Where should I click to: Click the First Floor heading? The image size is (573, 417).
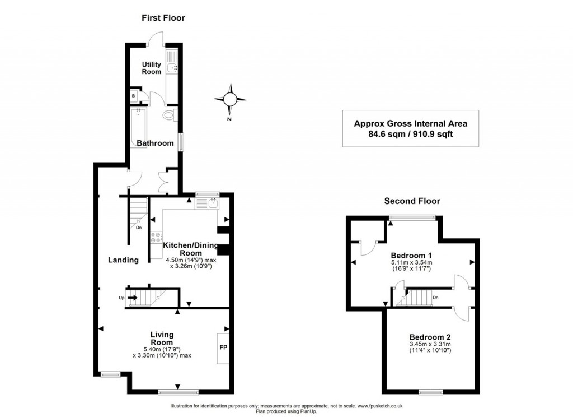(162, 18)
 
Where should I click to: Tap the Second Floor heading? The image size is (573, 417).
(411, 201)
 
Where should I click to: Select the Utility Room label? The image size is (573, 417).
(151, 68)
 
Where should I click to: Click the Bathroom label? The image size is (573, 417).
(155, 143)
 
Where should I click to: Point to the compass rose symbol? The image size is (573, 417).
(229, 99)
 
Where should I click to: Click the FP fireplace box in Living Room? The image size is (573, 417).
(223, 347)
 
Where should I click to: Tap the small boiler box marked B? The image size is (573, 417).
(134, 96)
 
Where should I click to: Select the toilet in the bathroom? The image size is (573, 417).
(169, 115)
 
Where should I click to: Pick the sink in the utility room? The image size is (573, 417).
(173, 68)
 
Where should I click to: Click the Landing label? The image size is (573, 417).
(123, 260)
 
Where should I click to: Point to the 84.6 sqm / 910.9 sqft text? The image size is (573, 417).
(410, 134)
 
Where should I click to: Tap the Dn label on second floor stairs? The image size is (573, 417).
(435, 298)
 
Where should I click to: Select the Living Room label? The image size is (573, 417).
(162, 339)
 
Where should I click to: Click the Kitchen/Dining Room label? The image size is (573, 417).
(190, 249)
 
